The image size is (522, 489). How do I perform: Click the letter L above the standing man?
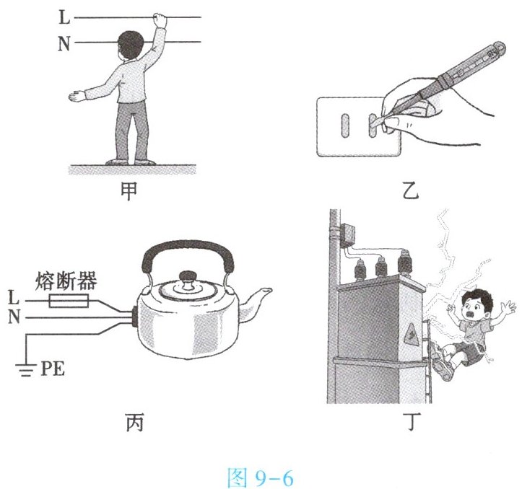64,17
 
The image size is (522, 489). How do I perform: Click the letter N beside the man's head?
64,43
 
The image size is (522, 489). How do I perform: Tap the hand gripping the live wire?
160,20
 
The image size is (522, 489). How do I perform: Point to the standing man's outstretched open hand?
77,96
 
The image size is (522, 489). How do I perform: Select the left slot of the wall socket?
345,125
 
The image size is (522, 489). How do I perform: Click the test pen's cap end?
497,49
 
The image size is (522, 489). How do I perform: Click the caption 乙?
411,191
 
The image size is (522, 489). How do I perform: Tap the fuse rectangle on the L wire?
69,301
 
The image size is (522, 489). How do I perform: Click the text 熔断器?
66,281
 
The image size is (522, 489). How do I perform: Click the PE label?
53,369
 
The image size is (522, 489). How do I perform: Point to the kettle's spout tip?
269,291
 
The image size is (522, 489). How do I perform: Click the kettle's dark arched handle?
188,253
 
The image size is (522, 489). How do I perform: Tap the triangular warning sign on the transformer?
412,334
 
